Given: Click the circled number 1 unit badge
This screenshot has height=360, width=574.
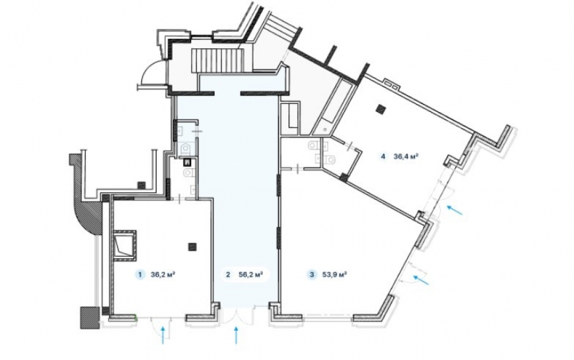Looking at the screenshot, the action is (x=139, y=274).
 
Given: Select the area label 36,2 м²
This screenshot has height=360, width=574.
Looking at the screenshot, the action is (x=162, y=274).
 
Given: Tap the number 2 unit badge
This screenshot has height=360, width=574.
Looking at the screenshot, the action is (x=228, y=274).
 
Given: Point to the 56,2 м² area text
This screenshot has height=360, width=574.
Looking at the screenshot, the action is (x=251, y=274).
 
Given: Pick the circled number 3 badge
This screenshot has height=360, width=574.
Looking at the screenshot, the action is (x=312, y=274).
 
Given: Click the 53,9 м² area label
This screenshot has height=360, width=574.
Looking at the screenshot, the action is (x=335, y=274).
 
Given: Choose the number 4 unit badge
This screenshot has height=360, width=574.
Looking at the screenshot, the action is (x=383, y=156).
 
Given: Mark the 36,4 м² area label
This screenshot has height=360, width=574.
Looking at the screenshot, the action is (x=406, y=156).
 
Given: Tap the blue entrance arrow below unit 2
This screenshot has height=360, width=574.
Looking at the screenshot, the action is (x=236, y=335).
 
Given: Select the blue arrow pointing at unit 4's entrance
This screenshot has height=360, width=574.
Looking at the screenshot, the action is (x=455, y=210).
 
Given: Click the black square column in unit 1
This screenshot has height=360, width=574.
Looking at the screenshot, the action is (x=192, y=247).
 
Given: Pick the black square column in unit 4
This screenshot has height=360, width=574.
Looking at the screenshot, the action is (x=382, y=109).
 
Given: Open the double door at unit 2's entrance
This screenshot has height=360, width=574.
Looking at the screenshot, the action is (x=238, y=316).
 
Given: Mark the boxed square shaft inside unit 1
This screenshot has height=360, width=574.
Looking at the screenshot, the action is (x=125, y=245).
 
